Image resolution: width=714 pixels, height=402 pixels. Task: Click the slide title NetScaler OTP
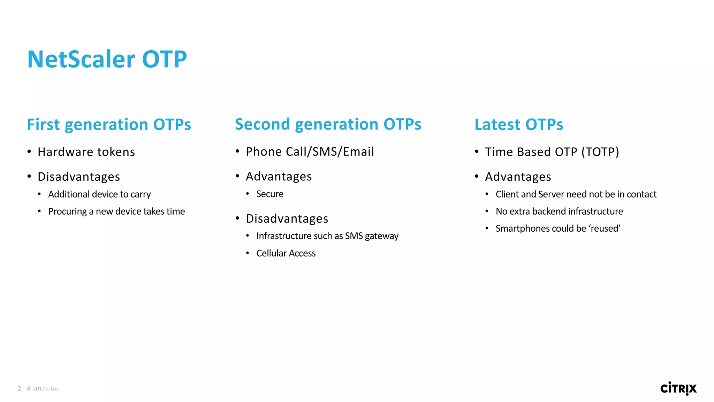coord(107,59)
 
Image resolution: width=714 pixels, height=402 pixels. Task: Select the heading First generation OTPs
coord(109,125)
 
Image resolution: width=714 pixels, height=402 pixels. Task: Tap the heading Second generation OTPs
coord(328,124)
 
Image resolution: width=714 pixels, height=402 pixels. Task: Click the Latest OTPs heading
coord(519,125)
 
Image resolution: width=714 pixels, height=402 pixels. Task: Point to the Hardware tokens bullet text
coord(86,152)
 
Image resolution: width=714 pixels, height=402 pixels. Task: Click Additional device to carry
coord(99,194)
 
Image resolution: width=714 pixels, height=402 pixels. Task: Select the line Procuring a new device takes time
coord(116,211)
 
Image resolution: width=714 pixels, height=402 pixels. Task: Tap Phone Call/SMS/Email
coord(310,152)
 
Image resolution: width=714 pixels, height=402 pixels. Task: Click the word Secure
coord(269,194)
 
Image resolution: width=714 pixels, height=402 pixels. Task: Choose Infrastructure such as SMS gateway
coord(327,236)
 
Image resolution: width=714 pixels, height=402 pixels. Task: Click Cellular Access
coord(286,253)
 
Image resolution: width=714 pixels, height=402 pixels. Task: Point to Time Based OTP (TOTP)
coord(552,152)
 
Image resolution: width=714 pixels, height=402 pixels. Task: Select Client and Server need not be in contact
coord(576,194)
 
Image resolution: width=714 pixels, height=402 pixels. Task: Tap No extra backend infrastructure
coord(559,211)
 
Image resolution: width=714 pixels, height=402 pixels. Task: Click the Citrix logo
coord(678,388)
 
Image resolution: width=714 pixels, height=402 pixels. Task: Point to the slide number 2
coord(20,389)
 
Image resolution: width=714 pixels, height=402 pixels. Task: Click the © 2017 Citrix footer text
coord(43,389)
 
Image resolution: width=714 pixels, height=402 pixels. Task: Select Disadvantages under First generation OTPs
coord(79,177)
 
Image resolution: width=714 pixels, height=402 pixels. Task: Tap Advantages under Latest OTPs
coord(518,177)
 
